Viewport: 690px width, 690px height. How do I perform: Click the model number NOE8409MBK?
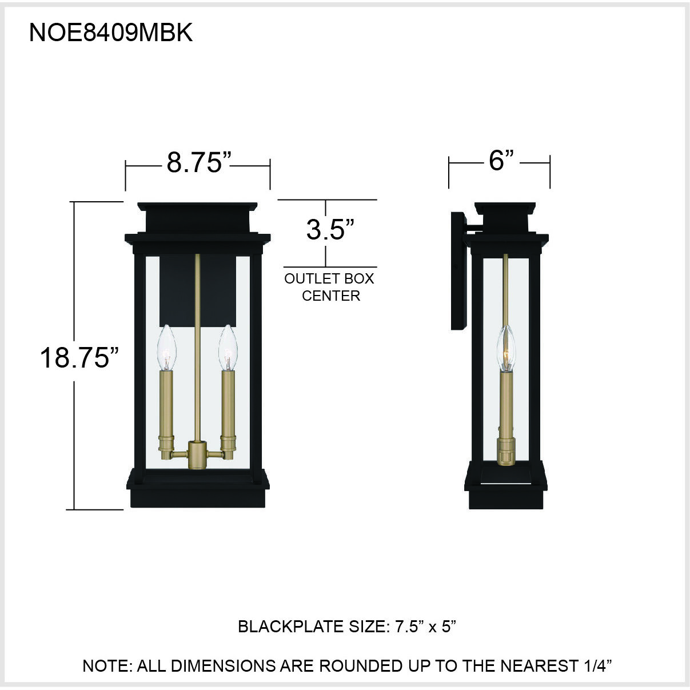click(110, 33)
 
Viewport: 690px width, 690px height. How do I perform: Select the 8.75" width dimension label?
click(198, 163)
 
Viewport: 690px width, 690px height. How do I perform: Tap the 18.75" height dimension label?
click(79, 358)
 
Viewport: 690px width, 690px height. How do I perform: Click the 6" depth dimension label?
click(501, 161)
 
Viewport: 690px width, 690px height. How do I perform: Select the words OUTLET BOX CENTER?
click(330, 287)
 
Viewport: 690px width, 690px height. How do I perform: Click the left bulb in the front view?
click(166, 348)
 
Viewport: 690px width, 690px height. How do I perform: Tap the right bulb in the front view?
click(228, 348)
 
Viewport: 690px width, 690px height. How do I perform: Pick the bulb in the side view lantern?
click(506, 349)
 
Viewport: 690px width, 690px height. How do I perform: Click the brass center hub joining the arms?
click(197, 455)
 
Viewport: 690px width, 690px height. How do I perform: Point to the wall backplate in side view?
click(458, 271)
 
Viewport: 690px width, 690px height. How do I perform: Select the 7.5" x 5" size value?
click(425, 627)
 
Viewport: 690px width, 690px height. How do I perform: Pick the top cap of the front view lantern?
click(197, 217)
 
